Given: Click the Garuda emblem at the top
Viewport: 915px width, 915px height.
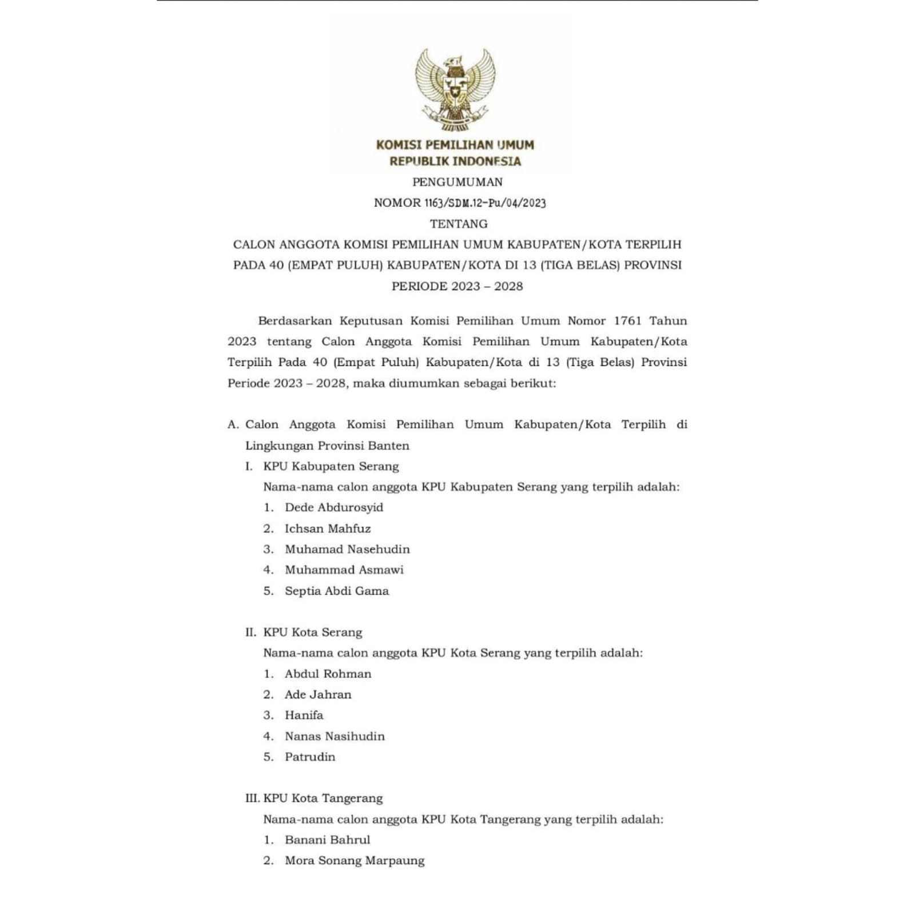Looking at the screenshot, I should [x=455, y=89].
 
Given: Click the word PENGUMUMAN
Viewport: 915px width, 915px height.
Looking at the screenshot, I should [x=457, y=182].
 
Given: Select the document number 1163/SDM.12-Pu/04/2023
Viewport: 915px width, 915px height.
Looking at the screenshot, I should [x=485, y=203].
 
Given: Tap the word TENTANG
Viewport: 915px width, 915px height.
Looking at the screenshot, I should [x=459, y=224].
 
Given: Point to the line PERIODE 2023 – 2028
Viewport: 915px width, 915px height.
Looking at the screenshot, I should [x=457, y=286].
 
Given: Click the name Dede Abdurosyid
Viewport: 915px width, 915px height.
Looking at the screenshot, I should [x=334, y=507].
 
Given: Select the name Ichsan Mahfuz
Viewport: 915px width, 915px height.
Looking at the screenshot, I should [x=328, y=528].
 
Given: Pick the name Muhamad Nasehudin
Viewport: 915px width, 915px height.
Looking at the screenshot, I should [x=347, y=549].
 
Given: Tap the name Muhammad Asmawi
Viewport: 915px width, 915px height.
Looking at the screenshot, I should [x=344, y=570].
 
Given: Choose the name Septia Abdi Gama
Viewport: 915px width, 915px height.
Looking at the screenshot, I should [x=337, y=591].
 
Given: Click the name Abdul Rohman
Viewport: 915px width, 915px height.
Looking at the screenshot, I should [x=328, y=674].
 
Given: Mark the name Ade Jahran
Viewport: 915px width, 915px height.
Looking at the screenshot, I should [x=318, y=694].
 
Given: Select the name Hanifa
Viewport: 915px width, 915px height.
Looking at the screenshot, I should [x=304, y=715].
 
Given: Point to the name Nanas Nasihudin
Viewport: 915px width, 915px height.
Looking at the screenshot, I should [x=335, y=736].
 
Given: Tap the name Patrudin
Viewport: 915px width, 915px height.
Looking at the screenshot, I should [x=310, y=757].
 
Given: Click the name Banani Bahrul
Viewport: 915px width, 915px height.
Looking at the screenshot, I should [x=327, y=840].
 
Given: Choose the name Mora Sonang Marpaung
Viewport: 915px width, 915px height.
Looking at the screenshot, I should [x=355, y=861].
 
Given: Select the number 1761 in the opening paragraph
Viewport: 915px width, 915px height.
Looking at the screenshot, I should [x=627, y=321].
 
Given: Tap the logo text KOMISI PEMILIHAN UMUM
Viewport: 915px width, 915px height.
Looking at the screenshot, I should [x=455, y=145].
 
